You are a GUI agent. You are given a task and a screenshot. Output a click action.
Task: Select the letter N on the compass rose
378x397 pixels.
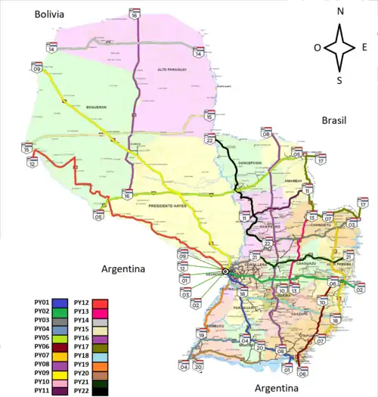[x=340, y=11]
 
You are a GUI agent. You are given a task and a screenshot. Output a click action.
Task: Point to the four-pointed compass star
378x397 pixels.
[x=340, y=46]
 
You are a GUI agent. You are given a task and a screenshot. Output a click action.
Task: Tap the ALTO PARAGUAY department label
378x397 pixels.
[x=171, y=69]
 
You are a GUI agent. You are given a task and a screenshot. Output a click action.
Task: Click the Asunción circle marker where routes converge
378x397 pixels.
[x=225, y=271]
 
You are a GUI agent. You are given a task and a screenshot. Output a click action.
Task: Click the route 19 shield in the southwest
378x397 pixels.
[x=202, y=333]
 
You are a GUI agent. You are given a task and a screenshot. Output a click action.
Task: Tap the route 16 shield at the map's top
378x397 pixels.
[x=134, y=14]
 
